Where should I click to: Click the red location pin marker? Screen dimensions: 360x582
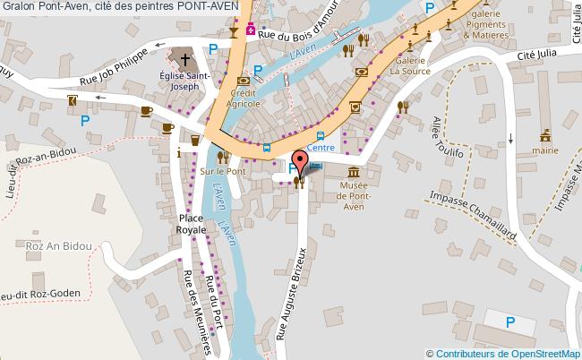(x=300, y=162)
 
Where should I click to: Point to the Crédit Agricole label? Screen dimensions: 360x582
(x=243, y=99)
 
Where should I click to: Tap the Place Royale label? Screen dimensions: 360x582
(x=193, y=224)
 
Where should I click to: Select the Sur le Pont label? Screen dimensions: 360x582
(x=221, y=170)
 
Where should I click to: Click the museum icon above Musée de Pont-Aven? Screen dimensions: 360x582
(x=354, y=171)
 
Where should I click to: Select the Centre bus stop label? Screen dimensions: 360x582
(x=320, y=147)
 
